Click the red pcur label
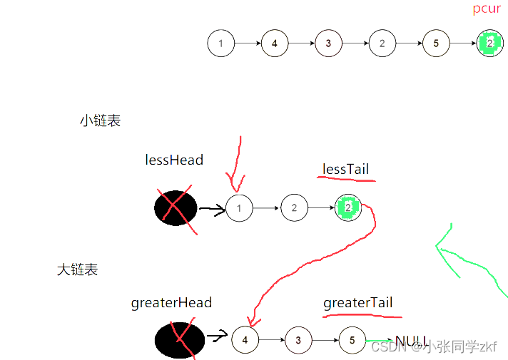(487, 9)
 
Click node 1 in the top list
(221, 43)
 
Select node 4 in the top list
(275, 43)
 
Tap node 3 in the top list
(328, 43)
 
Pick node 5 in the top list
(436, 43)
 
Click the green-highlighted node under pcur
(489, 43)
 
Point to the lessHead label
(174, 160)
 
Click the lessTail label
(346, 169)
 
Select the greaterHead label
(171, 303)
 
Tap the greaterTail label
(358, 303)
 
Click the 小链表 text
(101, 120)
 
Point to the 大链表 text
(77, 269)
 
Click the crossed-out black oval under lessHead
(176, 208)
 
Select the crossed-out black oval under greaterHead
(176, 338)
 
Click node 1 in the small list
(240, 208)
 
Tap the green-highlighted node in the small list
(348, 208)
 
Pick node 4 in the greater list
(245, 340)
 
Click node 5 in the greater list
(352, 340)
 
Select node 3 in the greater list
(299, 340)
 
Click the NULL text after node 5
(411, 340)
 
